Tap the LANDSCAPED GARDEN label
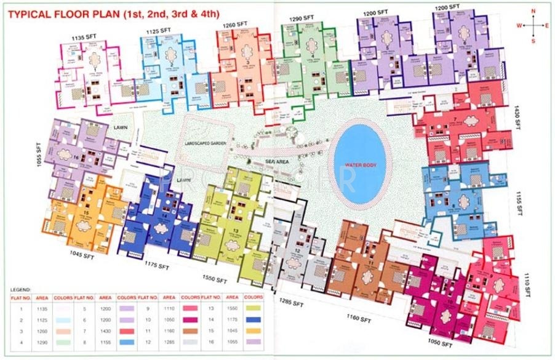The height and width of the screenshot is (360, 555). [205, 143]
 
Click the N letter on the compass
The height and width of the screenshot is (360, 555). [533, 11]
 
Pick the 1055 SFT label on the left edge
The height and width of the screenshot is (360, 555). [38, 158]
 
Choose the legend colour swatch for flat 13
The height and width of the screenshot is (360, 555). [251, 308]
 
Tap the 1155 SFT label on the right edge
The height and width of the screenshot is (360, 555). [519, 201]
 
